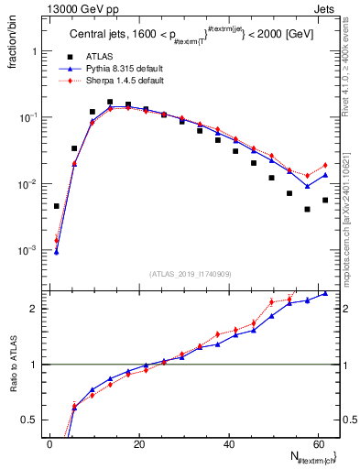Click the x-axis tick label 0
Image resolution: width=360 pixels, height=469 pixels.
click(49, 443)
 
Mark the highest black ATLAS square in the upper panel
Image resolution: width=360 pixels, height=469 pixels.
click(110, 103)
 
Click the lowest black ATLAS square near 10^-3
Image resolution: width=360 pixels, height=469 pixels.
click(57, 206)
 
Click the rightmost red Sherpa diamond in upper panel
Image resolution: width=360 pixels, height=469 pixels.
click(325, 165)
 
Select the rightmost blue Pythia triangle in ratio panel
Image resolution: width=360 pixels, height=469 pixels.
click(325, 293)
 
